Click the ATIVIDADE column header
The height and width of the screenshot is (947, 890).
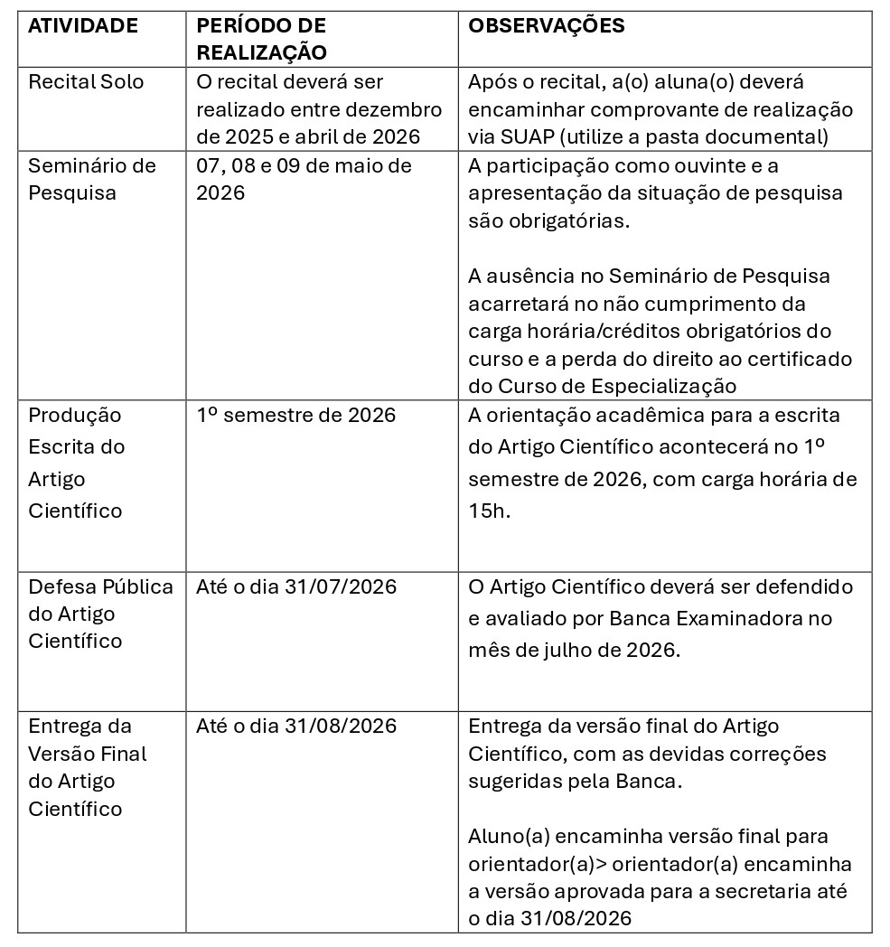coord(83,26)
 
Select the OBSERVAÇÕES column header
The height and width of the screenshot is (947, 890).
coord(547,26)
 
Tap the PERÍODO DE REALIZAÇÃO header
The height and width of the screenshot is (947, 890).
coord(261,39)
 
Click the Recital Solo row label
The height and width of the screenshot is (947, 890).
coord(87,82)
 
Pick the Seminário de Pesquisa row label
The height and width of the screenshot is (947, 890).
coord(91,179)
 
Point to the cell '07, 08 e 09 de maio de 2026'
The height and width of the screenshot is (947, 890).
coord(304,179)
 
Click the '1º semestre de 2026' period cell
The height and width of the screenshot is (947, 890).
coord(296,416)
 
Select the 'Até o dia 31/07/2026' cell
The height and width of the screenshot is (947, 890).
coord(296,587)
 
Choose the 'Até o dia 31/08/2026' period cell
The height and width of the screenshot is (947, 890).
coord(296,727)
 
